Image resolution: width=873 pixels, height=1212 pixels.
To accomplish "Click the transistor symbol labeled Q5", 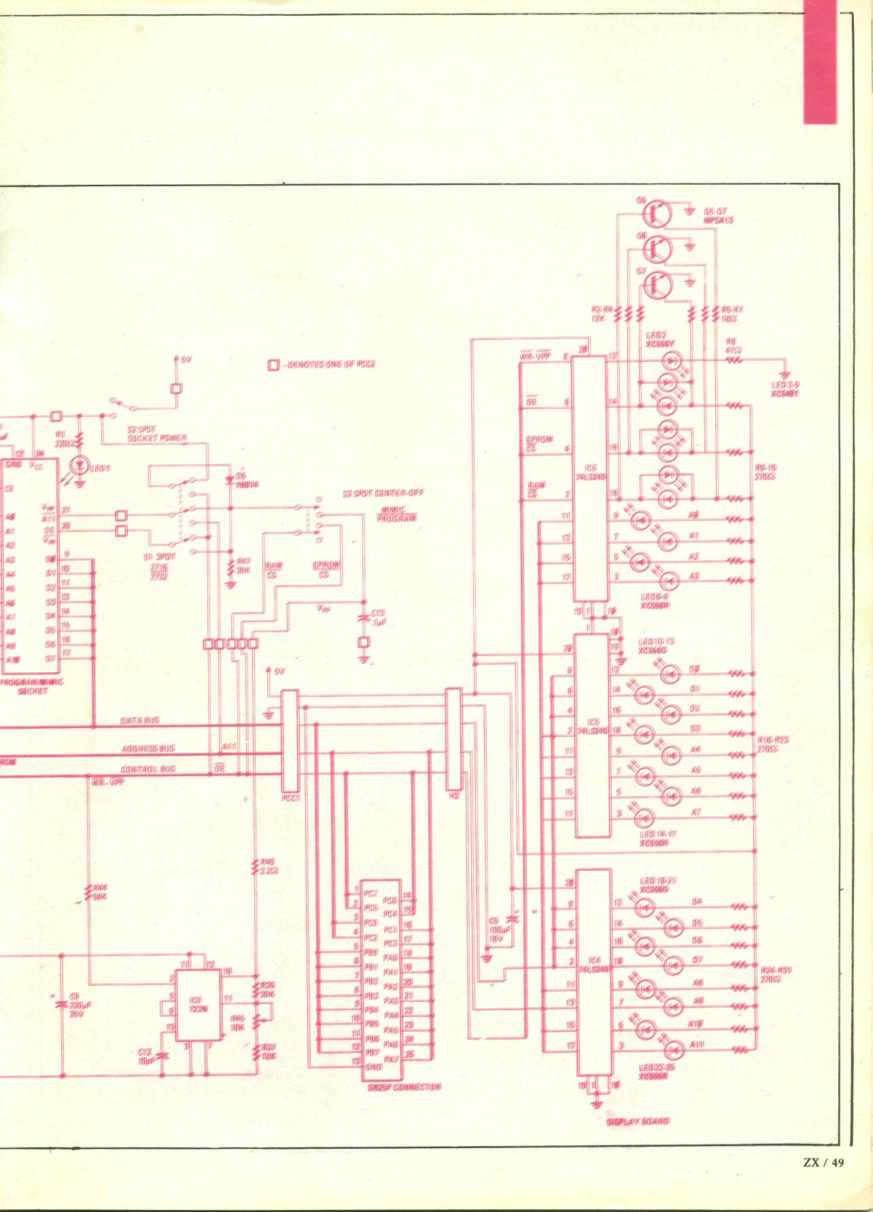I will coord(656,213).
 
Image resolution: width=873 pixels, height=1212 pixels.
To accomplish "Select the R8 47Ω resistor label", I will coord(733,346).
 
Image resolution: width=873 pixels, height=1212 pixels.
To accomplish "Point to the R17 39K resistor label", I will coord(242,566).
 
